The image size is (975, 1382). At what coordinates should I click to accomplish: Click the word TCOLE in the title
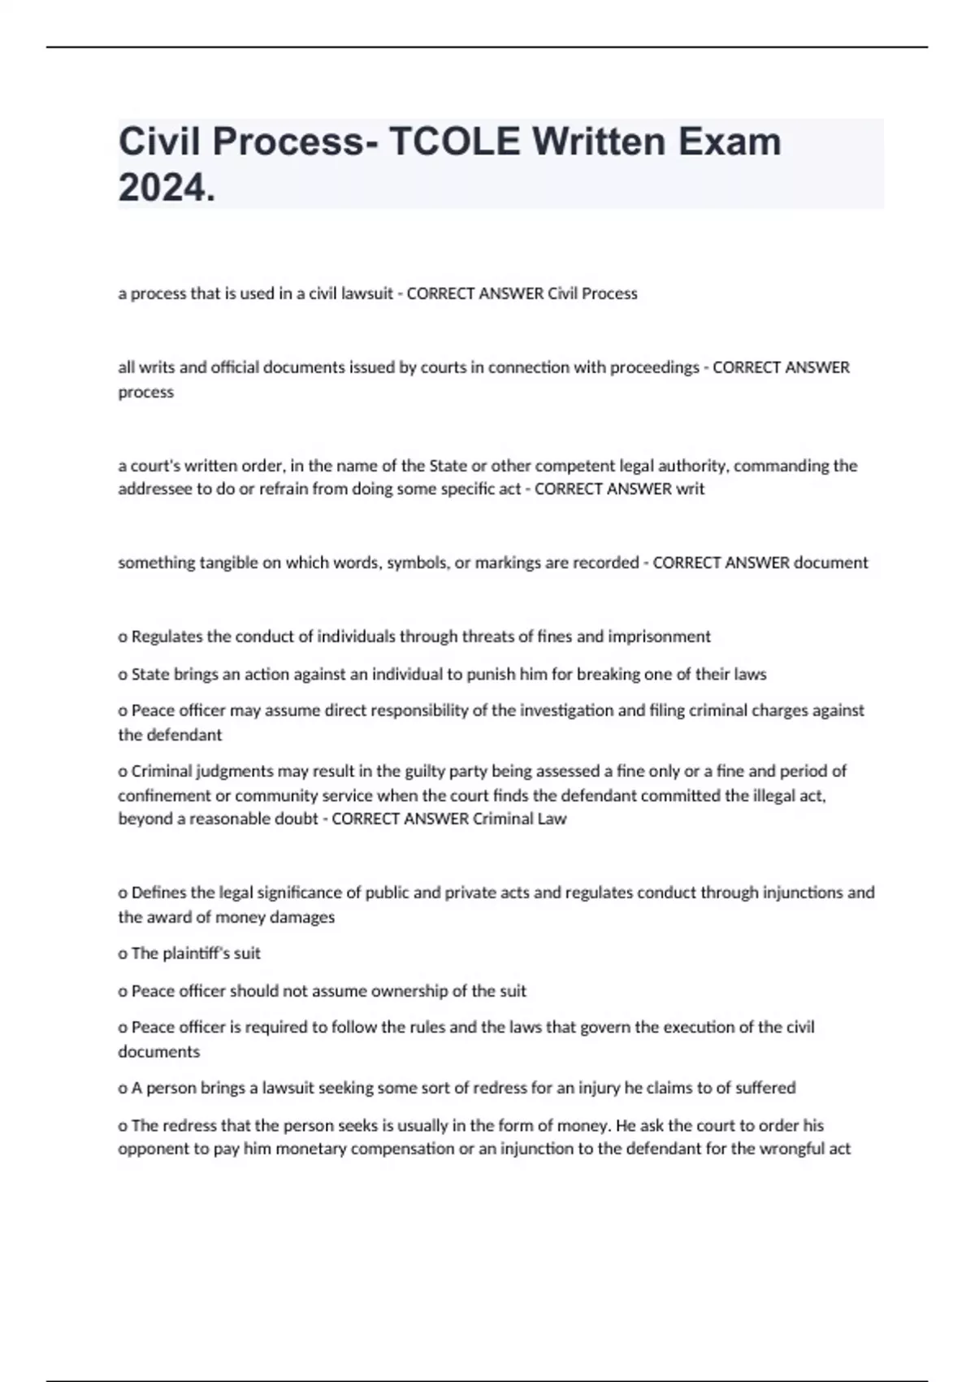(x=453, y=142)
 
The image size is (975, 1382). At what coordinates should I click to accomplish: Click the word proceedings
(x=654, y=367)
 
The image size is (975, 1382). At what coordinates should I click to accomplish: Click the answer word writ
(x=691, y=489)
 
